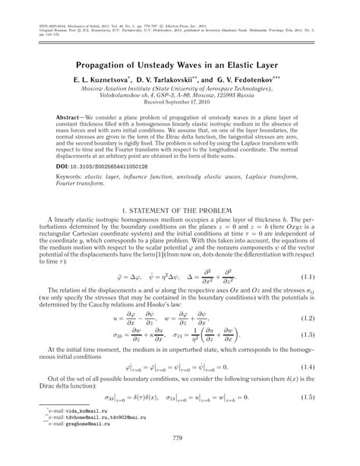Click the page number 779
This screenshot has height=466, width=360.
point(180,438)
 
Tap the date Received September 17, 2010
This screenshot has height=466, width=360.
point(179,106)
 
